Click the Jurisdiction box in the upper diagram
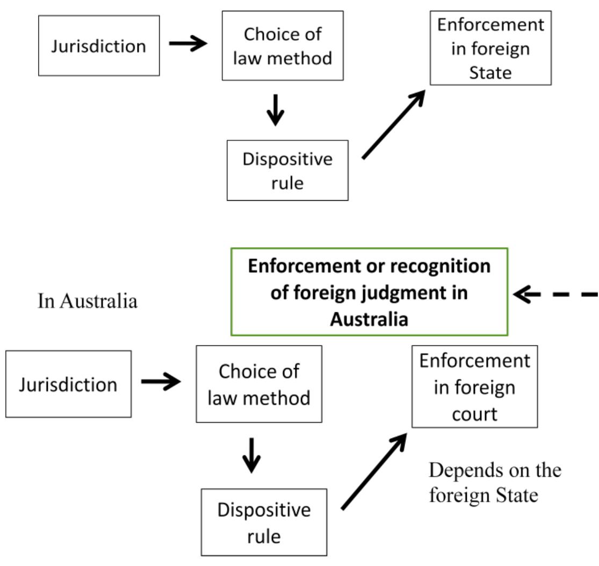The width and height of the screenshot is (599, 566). tap(99, 46)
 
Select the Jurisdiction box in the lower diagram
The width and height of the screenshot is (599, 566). tap(68, 384)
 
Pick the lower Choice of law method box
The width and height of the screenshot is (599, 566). tap(259, 384)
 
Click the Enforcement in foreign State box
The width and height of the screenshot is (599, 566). tap(490, 48)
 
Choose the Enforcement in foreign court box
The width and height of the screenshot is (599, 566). tap(474, 387)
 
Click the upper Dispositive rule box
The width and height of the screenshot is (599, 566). tap(287, 170)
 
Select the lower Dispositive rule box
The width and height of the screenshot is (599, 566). tap(263, 522)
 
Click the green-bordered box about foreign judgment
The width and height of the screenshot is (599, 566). tap(369, 292)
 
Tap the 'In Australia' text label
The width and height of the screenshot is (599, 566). tap(88, 300)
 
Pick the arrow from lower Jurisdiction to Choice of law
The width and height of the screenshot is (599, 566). tap(161, 383)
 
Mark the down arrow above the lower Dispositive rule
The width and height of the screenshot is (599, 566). tap(251, 456)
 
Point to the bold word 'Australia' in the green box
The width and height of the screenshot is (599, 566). tap(369, 318)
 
